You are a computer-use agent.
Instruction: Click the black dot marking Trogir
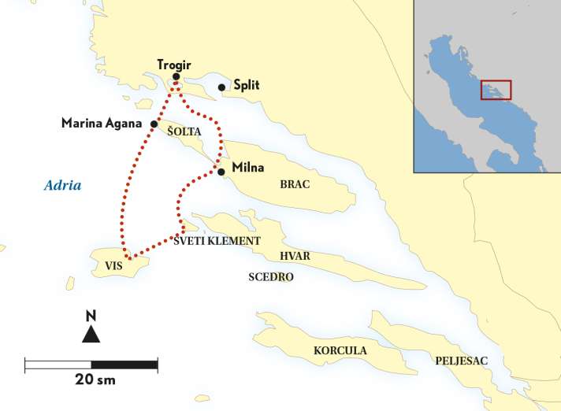click(176, 77)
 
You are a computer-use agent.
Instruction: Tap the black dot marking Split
click(222, 87)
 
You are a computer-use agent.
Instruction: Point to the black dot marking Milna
click(221, 172)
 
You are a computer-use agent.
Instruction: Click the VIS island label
click(113, 267)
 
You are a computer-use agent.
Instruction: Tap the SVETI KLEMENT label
click(217, 242)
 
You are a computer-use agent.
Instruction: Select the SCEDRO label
click(270, 277)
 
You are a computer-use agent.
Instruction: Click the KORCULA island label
click(340, 350)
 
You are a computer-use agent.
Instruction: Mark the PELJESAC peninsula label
click(461, 360)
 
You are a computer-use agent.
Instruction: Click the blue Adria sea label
click(62, 186)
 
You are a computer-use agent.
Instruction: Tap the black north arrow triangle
click(91, 335)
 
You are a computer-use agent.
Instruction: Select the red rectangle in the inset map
click(496, 89)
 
